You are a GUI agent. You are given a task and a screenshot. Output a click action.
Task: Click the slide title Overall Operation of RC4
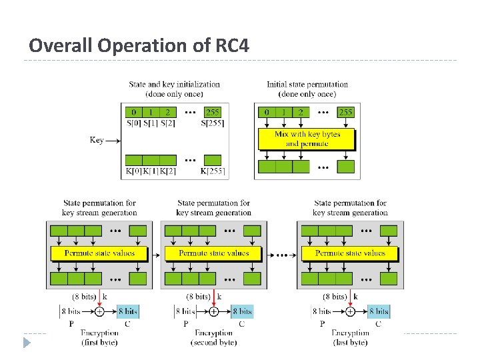[139, 46]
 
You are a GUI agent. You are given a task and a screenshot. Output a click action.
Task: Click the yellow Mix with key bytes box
[307, 139]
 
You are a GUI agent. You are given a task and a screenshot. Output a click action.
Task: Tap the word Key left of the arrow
[97, 140]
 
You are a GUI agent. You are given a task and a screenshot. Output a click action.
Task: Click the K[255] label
[213, 171]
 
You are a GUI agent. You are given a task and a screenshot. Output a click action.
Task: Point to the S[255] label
[213, 123]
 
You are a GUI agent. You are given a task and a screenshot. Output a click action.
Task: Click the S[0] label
[133, 123]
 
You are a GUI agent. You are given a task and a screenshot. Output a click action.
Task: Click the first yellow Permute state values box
[99, 253]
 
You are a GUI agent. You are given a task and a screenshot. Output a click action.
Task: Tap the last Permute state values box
[350, 253]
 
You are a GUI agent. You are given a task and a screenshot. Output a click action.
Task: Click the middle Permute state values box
[214, 253]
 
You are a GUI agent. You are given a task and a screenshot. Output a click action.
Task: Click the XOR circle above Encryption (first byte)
[99, 311]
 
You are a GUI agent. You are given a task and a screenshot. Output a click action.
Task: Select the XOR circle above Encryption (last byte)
[350, 311]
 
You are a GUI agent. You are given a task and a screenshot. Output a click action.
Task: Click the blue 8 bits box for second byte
[242, 311]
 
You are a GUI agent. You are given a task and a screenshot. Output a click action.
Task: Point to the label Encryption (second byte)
[213, 337]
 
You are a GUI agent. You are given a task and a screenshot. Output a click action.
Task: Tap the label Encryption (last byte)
[350, 337]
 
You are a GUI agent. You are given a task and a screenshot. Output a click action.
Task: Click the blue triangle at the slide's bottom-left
[27, 343]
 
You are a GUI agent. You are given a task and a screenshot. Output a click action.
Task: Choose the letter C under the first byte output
[127, 324]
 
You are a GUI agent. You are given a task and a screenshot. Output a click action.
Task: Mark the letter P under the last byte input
[322, 324]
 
